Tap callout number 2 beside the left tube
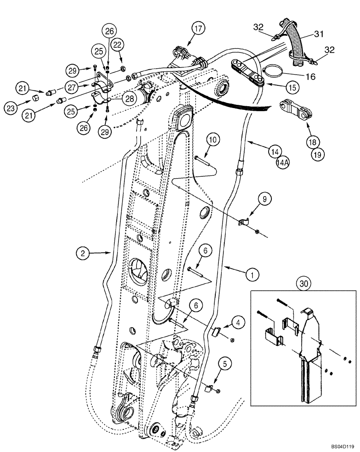pos(82,254)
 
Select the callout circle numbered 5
pos(225,362)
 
